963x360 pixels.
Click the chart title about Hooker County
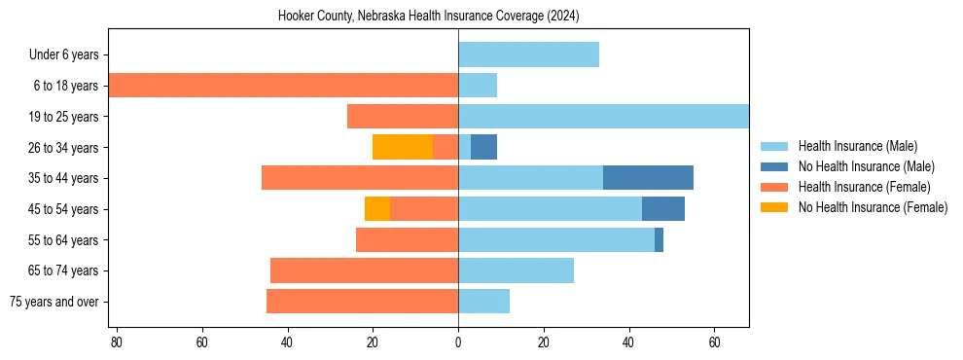428,17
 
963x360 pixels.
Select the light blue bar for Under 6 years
528,54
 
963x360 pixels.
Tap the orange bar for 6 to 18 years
282,86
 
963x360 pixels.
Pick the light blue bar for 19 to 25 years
603,117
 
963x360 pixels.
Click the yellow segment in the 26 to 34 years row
403,147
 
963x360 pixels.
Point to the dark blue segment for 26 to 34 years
483,147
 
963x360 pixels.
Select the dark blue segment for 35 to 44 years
648,178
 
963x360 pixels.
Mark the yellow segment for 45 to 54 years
377,209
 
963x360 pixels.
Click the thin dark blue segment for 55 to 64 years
659,239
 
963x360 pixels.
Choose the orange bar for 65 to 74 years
364,270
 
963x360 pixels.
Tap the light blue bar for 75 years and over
483,302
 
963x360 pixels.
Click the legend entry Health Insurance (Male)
857,146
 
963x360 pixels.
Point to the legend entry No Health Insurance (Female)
872,207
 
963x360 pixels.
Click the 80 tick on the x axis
117,342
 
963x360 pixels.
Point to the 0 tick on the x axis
458,342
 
